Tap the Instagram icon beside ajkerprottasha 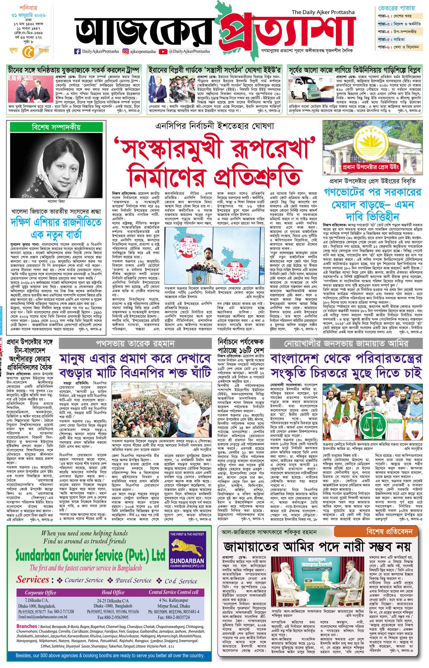coord(126,52)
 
